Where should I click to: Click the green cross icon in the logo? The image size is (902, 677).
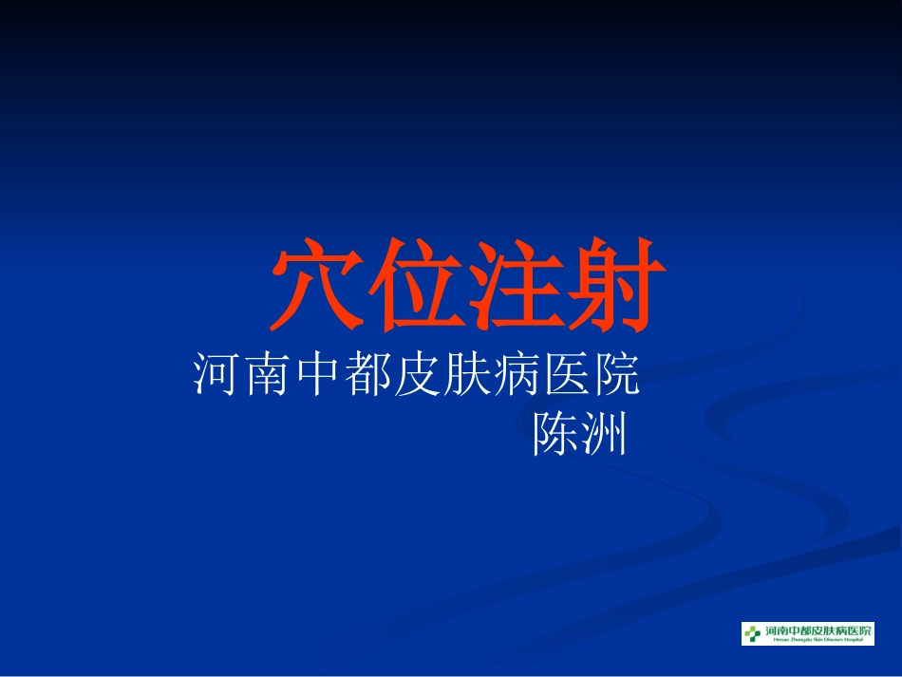click(753, 632)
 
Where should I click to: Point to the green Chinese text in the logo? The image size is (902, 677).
click(817, 630)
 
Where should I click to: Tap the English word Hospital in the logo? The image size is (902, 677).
click(855, 641)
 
